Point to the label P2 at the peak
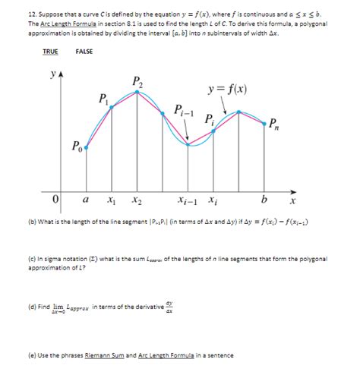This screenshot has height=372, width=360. (137, 81)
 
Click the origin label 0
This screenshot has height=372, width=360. (56, 200)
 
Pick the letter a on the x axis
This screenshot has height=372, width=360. (86, 200)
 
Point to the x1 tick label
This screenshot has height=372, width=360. (112, 201)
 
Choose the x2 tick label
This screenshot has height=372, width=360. (137, 201)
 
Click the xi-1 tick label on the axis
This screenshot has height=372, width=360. (186, 201)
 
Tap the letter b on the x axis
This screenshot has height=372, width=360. (264, 200)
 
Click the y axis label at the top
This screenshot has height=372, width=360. (52, 76)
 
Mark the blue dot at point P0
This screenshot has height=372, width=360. (87, 149)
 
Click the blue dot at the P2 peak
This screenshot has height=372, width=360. (138, 92)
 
